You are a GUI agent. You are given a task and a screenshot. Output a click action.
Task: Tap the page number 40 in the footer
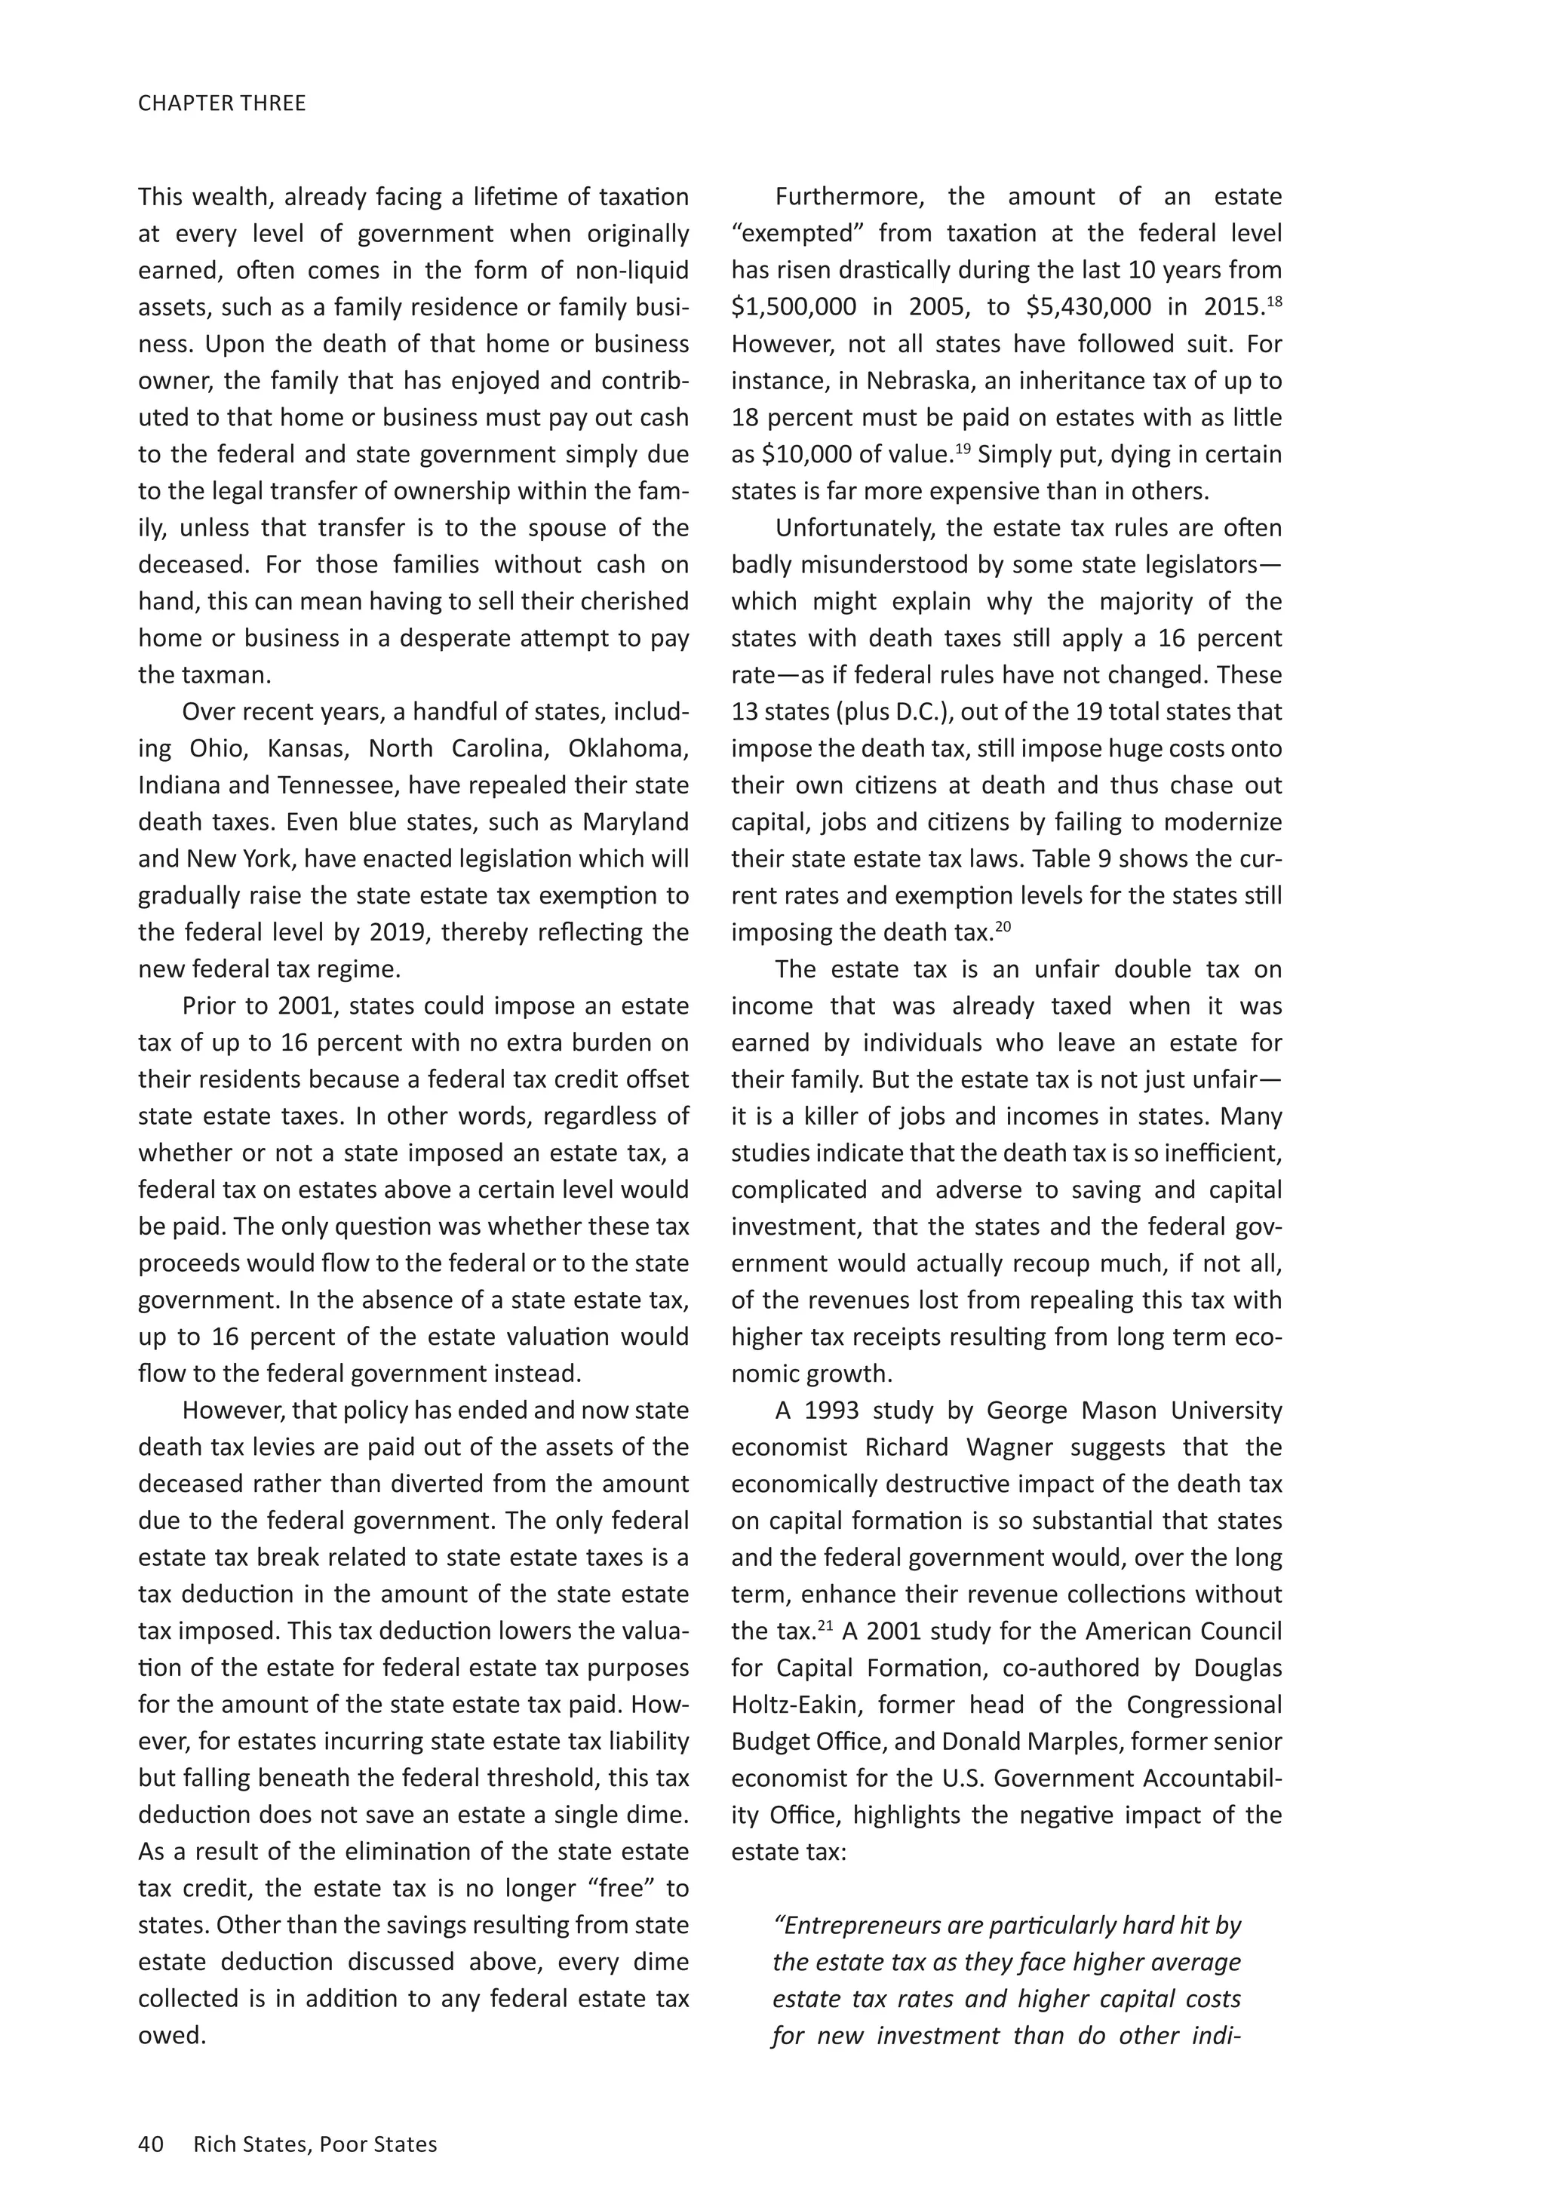(x=151, y=2144)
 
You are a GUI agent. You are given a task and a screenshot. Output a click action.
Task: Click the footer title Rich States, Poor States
(x=315, y=2144)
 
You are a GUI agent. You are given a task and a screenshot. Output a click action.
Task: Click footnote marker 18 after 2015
(x=1275, y=302)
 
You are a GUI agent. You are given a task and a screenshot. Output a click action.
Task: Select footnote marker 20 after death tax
(x=1003, y=927)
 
